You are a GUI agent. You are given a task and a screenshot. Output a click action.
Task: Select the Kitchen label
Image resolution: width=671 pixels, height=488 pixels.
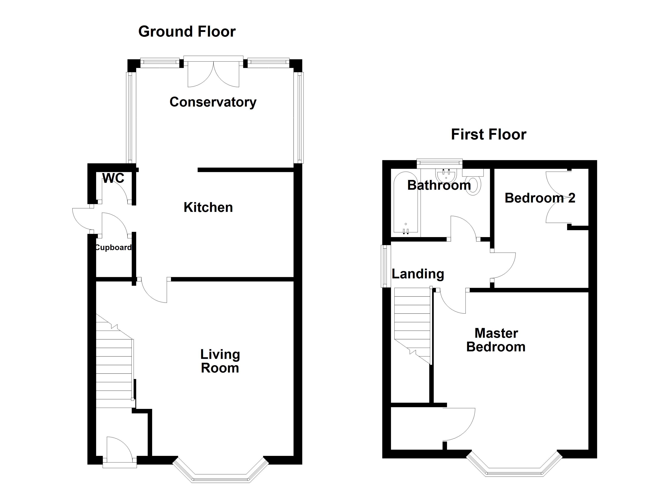pos(208,207)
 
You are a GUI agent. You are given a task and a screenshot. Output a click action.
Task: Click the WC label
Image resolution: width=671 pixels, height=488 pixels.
pos(113,178)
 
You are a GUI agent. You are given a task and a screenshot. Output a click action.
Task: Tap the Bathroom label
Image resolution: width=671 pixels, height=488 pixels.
pos(439,185)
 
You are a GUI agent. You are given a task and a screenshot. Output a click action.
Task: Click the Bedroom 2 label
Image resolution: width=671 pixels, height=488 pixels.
pos(540,198)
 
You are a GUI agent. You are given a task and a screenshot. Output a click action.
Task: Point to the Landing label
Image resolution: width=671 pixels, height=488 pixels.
pos(418,274)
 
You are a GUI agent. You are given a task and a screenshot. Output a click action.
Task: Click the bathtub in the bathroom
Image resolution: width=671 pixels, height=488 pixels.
pos(406,203)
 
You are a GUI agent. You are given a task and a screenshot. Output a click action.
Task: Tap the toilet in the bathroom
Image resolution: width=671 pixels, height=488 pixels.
pos(473,182)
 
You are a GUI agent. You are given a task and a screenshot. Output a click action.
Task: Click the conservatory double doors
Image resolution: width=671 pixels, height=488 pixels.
pos(213,72)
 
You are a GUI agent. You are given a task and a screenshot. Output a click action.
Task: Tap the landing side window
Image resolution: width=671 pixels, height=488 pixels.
pos(385,266)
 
